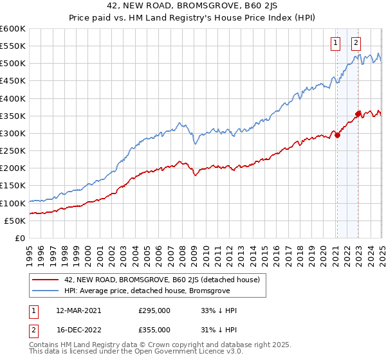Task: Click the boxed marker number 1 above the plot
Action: (336, 44)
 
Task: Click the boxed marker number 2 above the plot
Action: (356, 44)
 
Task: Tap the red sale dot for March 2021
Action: (336, 135)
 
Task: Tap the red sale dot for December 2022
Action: (358, 114)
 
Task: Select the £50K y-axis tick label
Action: (14, 221)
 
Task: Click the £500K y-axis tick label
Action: (12, 64)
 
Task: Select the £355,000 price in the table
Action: (154, 329)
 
